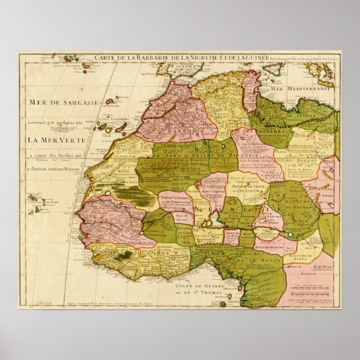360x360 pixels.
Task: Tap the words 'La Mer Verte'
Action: tap(56, 141)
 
